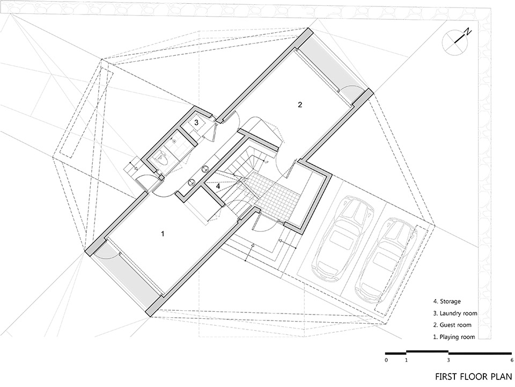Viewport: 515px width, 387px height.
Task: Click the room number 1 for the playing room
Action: pyautogui.click(x=162, y=233)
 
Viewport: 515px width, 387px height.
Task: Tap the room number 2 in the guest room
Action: pyautogui.click(x=299, y=105)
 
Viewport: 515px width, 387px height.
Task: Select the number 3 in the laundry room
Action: pyautogui.click(x=196, y=122)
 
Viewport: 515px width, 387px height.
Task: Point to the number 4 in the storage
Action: pyautogui.click(x=218, y=186)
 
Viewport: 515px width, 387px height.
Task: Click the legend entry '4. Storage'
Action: pyautogui.click(x=447, y=301)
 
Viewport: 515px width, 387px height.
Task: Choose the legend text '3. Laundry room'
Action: pyautogui.click(x=455, y=313)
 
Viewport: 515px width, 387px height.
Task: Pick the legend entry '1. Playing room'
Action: pyautogui.click(x=454, y=337)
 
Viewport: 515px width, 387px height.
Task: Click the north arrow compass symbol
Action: pyautogui.click(x=455, y=41)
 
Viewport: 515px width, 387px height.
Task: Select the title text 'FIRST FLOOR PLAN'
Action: pyautogui.click(x=474, y=376)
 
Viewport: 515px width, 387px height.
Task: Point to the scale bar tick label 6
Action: pyautogui.click(x=512, y=360)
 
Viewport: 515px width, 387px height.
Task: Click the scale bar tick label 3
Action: pyautogui.click(x=448, y=360)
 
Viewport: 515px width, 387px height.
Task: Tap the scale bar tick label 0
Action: pyautogui.click(x=387, y=360)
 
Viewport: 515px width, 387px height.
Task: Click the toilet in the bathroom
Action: pyautogui.click(x=163, y=159)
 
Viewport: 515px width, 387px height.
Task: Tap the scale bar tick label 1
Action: pyautogui.click(x=406, y=360)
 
